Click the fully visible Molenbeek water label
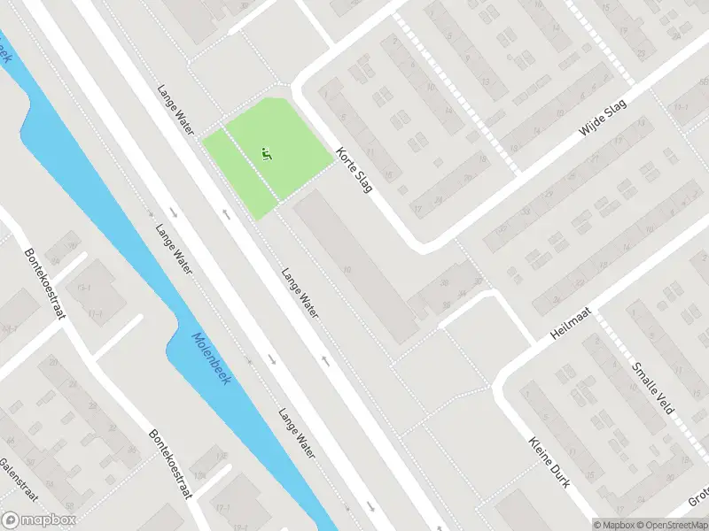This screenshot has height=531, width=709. (x=208, y=358)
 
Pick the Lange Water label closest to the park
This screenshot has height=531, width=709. (x=175, y=109)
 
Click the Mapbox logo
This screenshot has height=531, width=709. (x=39, y=519)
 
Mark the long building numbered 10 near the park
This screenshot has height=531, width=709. (x=354, y=265)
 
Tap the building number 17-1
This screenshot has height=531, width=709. (x=85, y=289)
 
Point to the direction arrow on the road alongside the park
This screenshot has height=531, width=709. (x=227, y=213)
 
